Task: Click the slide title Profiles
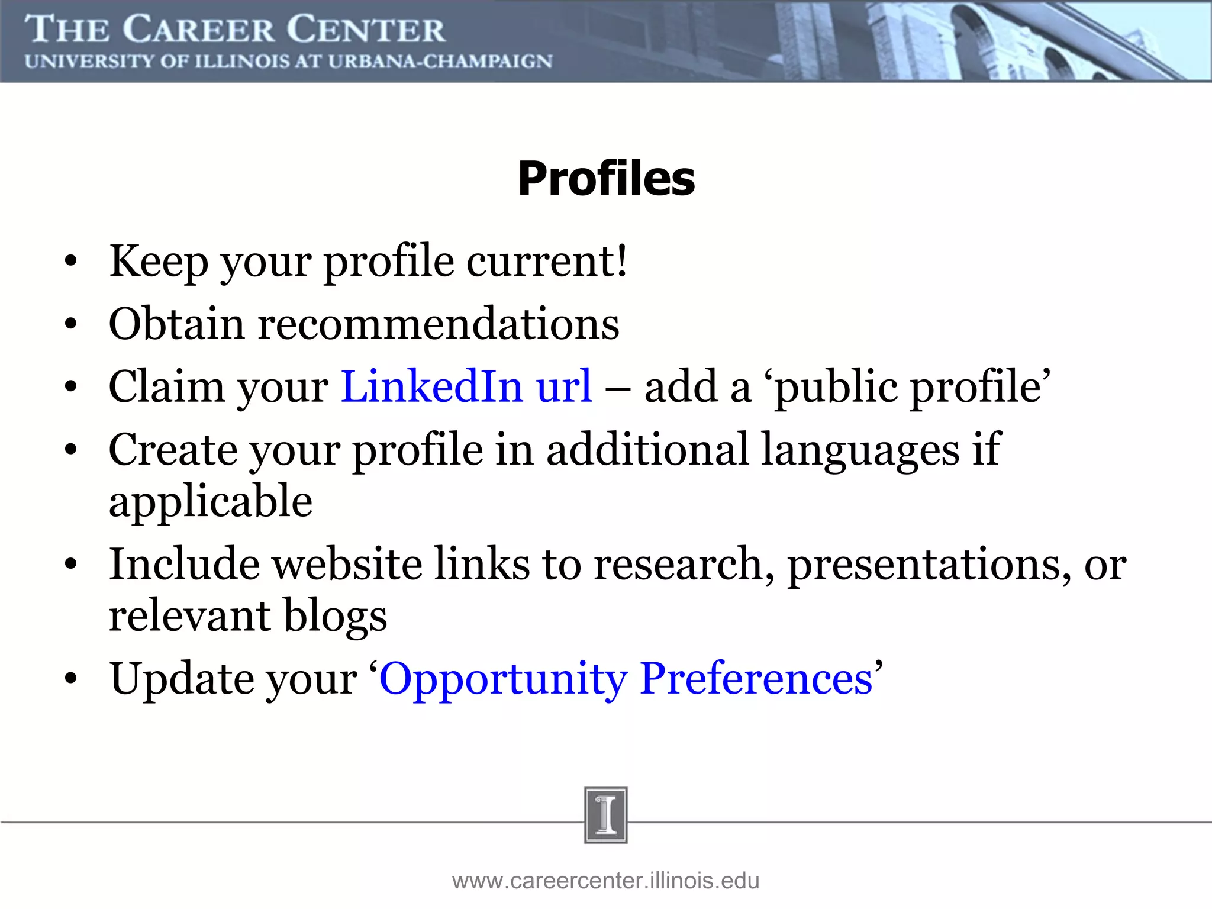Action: [x=606, y=179]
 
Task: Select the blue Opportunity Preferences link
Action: [x=626, y=679]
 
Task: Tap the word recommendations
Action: [x=439, y=324]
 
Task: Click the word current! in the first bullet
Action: [x=547, y=261]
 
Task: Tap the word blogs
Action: [x=336, y=616]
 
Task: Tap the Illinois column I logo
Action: [x=605, y=815]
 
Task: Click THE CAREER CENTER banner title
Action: [x=235, y=30]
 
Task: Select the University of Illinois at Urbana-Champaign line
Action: [x=288, y=62]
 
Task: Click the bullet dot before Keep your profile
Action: [x=71, y=262]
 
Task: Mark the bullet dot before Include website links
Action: [x=71, y=565]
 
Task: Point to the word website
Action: [x=347, y=565]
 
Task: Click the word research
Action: [x=684, y=565]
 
